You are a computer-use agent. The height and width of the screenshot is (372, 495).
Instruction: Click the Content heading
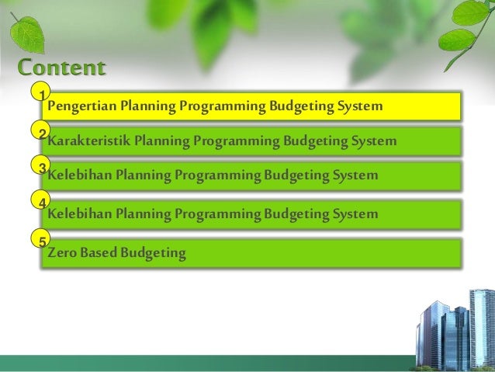tap(61, 68)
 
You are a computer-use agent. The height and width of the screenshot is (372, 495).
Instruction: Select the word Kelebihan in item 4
tap(80, 214)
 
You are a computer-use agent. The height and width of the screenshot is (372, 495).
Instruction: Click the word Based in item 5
tap(99, 252)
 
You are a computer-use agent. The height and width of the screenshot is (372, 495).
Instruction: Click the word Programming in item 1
tap(221, 106)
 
